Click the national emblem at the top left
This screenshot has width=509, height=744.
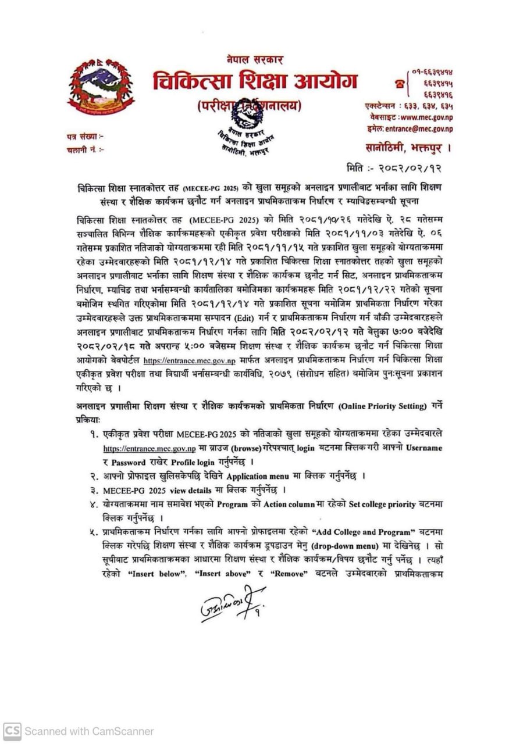(x=101, y=87)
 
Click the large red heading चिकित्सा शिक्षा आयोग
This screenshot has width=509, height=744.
(x=255, y=81)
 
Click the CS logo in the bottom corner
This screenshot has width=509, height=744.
(x=12, y=731)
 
